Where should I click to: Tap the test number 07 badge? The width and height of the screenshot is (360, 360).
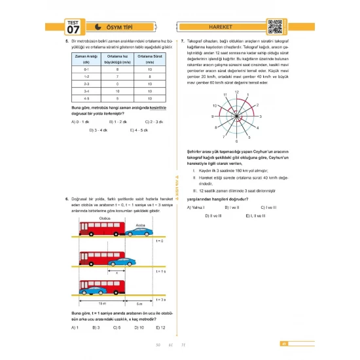73,29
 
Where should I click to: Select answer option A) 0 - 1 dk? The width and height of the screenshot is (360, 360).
80,121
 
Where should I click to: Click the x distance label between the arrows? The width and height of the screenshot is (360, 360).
117,270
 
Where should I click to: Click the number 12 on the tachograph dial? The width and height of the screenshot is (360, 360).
236,92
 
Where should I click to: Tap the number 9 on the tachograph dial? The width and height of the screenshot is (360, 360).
212,117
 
